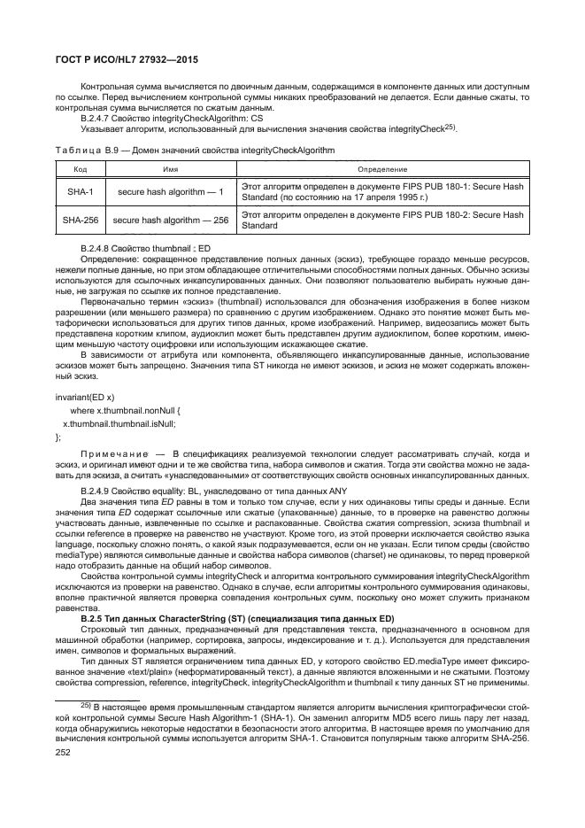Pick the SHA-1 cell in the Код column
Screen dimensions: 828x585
click(79, 191)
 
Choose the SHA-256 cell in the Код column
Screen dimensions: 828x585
click(79, 219)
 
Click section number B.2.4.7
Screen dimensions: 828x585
click(100, 117)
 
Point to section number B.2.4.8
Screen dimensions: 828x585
click(100, 247)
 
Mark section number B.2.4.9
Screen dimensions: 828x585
click(100, 490)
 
